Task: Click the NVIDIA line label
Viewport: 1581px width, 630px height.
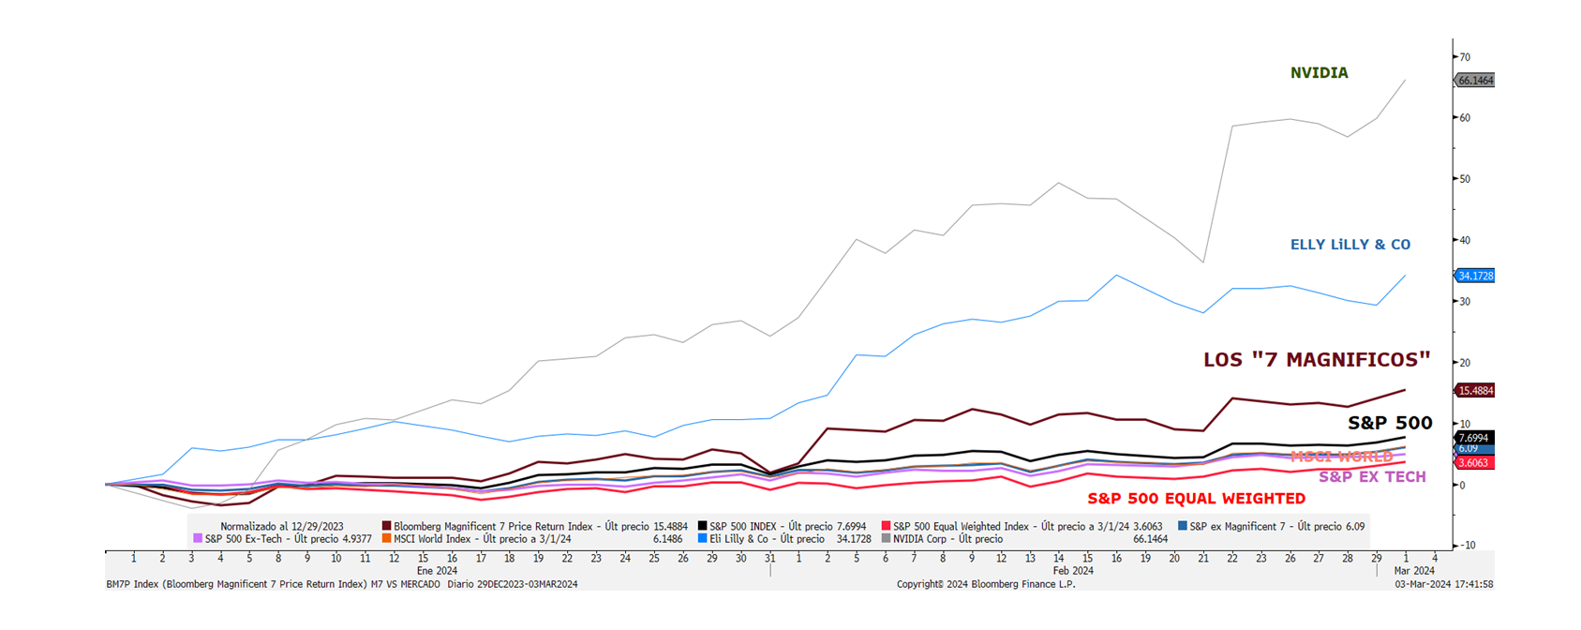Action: [x=1319, y=73]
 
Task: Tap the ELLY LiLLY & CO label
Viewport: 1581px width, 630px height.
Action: [x=1350, y=245]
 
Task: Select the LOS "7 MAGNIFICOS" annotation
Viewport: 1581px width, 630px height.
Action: [x=1317, y=360]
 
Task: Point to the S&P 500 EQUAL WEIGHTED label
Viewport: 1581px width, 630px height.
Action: [x=1196, y=499]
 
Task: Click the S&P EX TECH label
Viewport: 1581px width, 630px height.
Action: [x=1372, y=477]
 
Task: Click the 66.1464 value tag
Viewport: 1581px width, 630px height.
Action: [x=1475, y=81]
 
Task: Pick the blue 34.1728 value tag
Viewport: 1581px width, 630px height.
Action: [x=1475, y=276]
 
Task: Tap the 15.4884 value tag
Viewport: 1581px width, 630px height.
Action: [x=1475, y=391]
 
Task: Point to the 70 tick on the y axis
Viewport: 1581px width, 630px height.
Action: [x=1465, y=57]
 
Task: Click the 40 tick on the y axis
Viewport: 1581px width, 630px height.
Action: [x=1465, y=240]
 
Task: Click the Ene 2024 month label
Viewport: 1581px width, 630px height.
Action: [x=437, y=570]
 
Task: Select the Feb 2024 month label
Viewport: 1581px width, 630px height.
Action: [x=1073, y=570]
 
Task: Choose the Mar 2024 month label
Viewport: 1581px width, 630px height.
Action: [x=1414, y=570]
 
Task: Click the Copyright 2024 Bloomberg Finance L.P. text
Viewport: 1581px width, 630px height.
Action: [x=986, y=584]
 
